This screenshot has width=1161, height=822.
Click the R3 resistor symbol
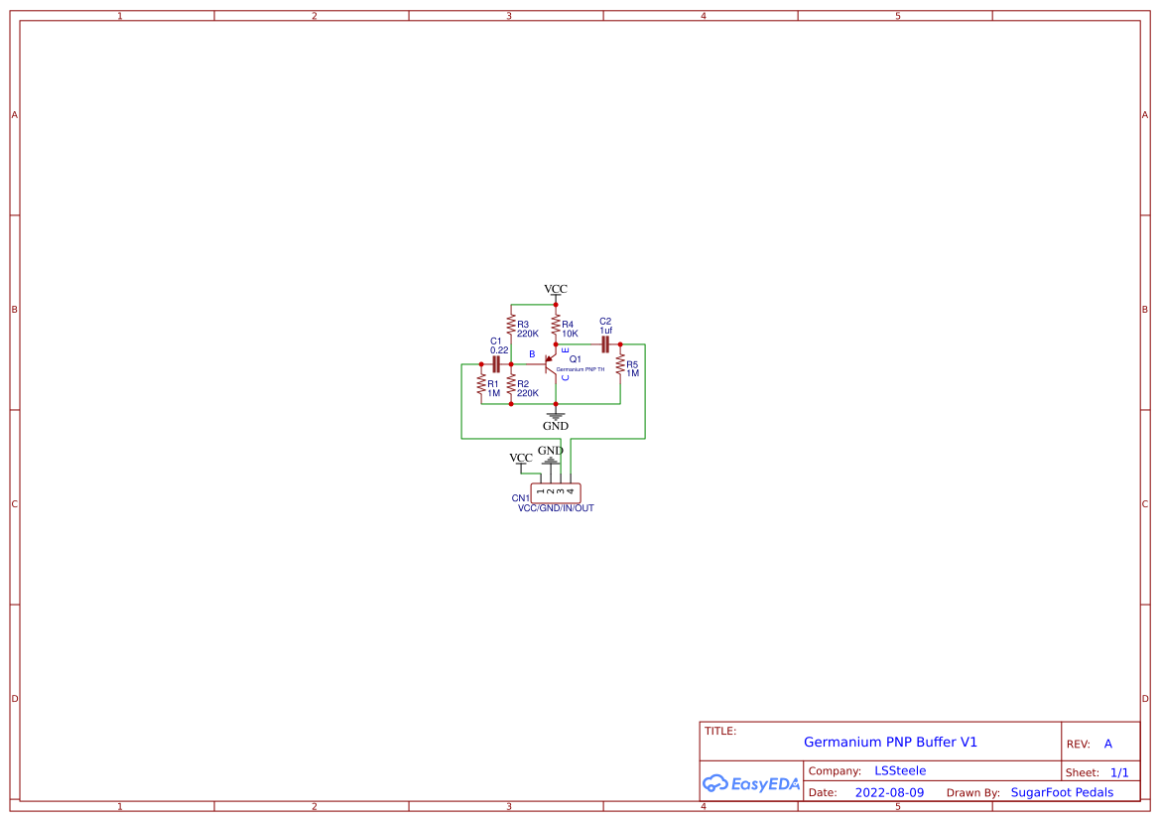[x=511, y=325]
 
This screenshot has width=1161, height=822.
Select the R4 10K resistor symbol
[x=556, y=325]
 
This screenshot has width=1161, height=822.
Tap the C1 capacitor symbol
[x=495, y=364]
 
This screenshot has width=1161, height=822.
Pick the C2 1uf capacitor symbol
[x=604, y=344]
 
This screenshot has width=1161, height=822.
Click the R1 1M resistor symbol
[x=481, y=384]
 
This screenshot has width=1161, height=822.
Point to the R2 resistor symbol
[x=511, y=384]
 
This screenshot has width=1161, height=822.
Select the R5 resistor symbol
[x=620, y=365]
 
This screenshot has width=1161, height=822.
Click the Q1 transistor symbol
[x=552, y=364]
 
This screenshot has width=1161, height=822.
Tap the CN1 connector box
[x=556, y=492]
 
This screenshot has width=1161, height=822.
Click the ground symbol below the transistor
[x=556, y=414]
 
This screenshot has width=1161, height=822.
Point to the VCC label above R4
[x=556, y=289]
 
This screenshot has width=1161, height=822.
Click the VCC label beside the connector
[x=521, y=458]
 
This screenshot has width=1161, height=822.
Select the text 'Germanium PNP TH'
[x=580, y=369]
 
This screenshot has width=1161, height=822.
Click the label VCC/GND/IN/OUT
[x=556, y=508]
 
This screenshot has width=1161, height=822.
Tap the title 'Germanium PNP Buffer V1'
[x=890, y=742]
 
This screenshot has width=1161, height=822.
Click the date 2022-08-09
[x=889, y=792]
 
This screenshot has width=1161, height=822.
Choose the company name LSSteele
[x=900, y=770]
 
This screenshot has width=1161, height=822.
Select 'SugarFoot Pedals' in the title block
[x=1062, y=792]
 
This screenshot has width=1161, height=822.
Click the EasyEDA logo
[x=751, y=783]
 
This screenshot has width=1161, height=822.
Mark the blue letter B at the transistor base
[x=532, y=354]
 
